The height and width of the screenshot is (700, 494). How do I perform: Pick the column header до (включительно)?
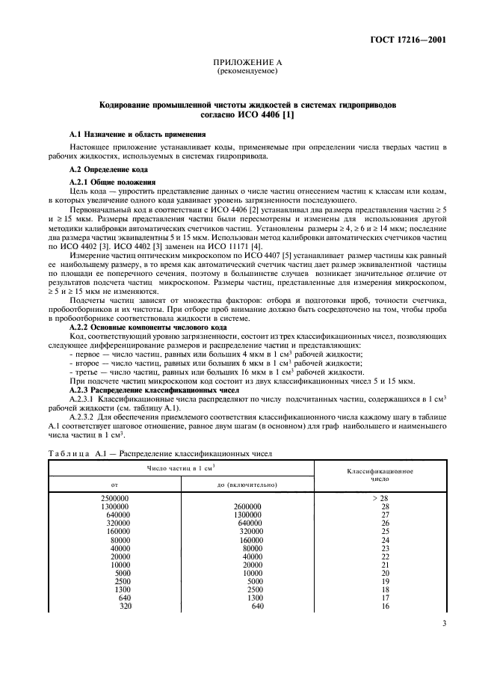(x=243, y=485)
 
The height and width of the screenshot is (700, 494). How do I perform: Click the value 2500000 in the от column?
(x=114, y=498)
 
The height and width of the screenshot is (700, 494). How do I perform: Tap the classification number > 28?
(x=385, y=498)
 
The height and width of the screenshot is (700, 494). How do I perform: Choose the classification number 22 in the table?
(x=386, y=556)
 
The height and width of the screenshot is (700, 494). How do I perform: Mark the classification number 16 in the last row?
(x=386, y=607)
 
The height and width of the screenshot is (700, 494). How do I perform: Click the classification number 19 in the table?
(x=386, y=581)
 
